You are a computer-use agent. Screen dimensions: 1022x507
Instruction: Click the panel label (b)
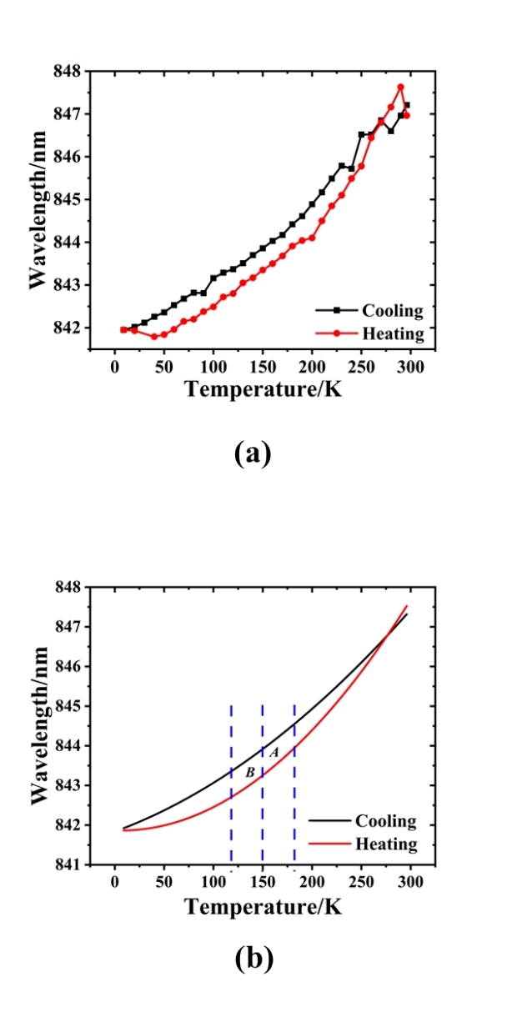[x=254, y=959]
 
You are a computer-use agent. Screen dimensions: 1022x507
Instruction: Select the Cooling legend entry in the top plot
[x=392, y=311]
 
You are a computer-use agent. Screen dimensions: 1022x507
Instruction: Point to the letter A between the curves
[x=274, y=752]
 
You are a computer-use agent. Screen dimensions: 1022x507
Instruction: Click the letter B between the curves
[x=249, y=773]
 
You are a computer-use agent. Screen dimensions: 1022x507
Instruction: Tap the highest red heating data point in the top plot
[x=401, y=87]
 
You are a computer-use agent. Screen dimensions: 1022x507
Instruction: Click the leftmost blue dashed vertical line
[x=231, y=784]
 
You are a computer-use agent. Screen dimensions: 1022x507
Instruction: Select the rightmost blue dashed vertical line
[x=294, y=784]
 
